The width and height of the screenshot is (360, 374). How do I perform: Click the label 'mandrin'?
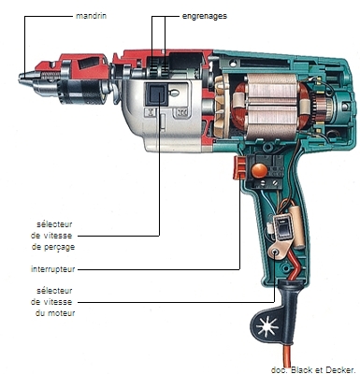(91, 16)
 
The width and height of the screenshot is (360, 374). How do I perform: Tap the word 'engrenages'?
(205, 16)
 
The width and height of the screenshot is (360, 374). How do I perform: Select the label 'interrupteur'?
(53, 269)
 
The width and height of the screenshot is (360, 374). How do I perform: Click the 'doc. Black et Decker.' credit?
(313, 370)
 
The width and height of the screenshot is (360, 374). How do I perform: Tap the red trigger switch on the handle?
(239, 168)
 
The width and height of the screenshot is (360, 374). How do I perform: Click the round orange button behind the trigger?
(259, 170)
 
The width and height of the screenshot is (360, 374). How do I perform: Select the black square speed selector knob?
(156, 94)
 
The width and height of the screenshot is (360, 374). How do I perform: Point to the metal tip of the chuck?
(25, 77)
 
